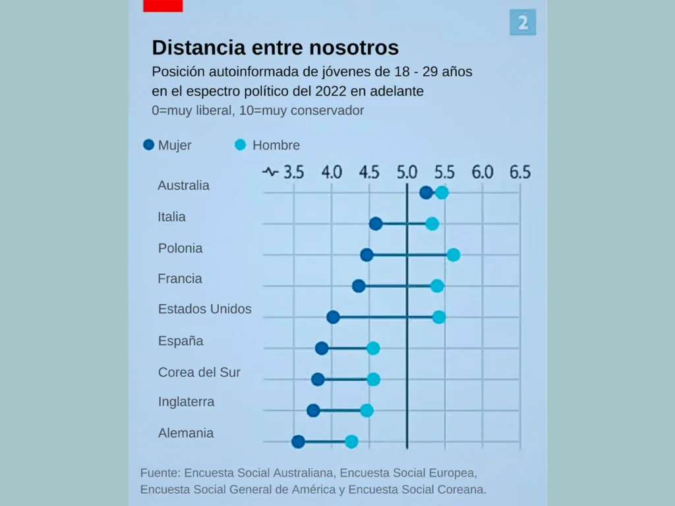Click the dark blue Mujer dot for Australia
[426, 192]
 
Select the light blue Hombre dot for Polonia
[453, 255]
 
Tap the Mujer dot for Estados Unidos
[333, 317]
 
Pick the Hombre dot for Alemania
[351, 441]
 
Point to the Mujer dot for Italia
[376, 224]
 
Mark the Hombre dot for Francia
[437, 286]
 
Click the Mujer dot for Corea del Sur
[318, 379]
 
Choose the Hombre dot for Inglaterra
[367, 410]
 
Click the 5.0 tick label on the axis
[407, 173]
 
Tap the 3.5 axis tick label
[293, 173]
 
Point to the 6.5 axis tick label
[519, 173]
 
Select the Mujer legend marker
[149, 145]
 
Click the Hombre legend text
[276, 146]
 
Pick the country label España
[181, 341]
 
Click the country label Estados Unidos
[204, 309]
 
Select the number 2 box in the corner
[523, 23]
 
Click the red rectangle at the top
[163, 5]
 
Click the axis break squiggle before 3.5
[270, 173]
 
